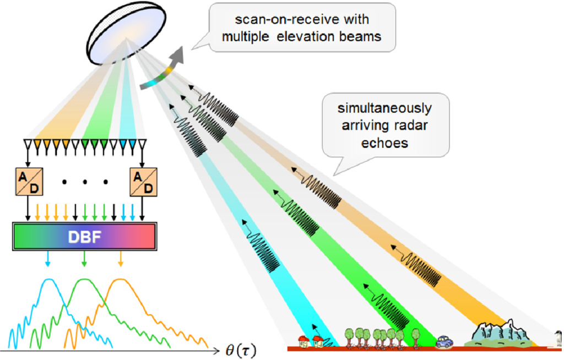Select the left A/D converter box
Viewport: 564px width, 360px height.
(26, 182)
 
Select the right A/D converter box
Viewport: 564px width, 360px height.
(143, 182)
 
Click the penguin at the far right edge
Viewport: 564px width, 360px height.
(558, 336)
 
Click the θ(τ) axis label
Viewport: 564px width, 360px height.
(241, 350)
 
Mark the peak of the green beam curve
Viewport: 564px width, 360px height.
(83, 280)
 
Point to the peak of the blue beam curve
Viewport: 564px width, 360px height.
(48, 280)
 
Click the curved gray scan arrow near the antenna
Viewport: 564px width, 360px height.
(166, 69)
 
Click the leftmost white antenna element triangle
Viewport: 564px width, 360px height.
(26, 145)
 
